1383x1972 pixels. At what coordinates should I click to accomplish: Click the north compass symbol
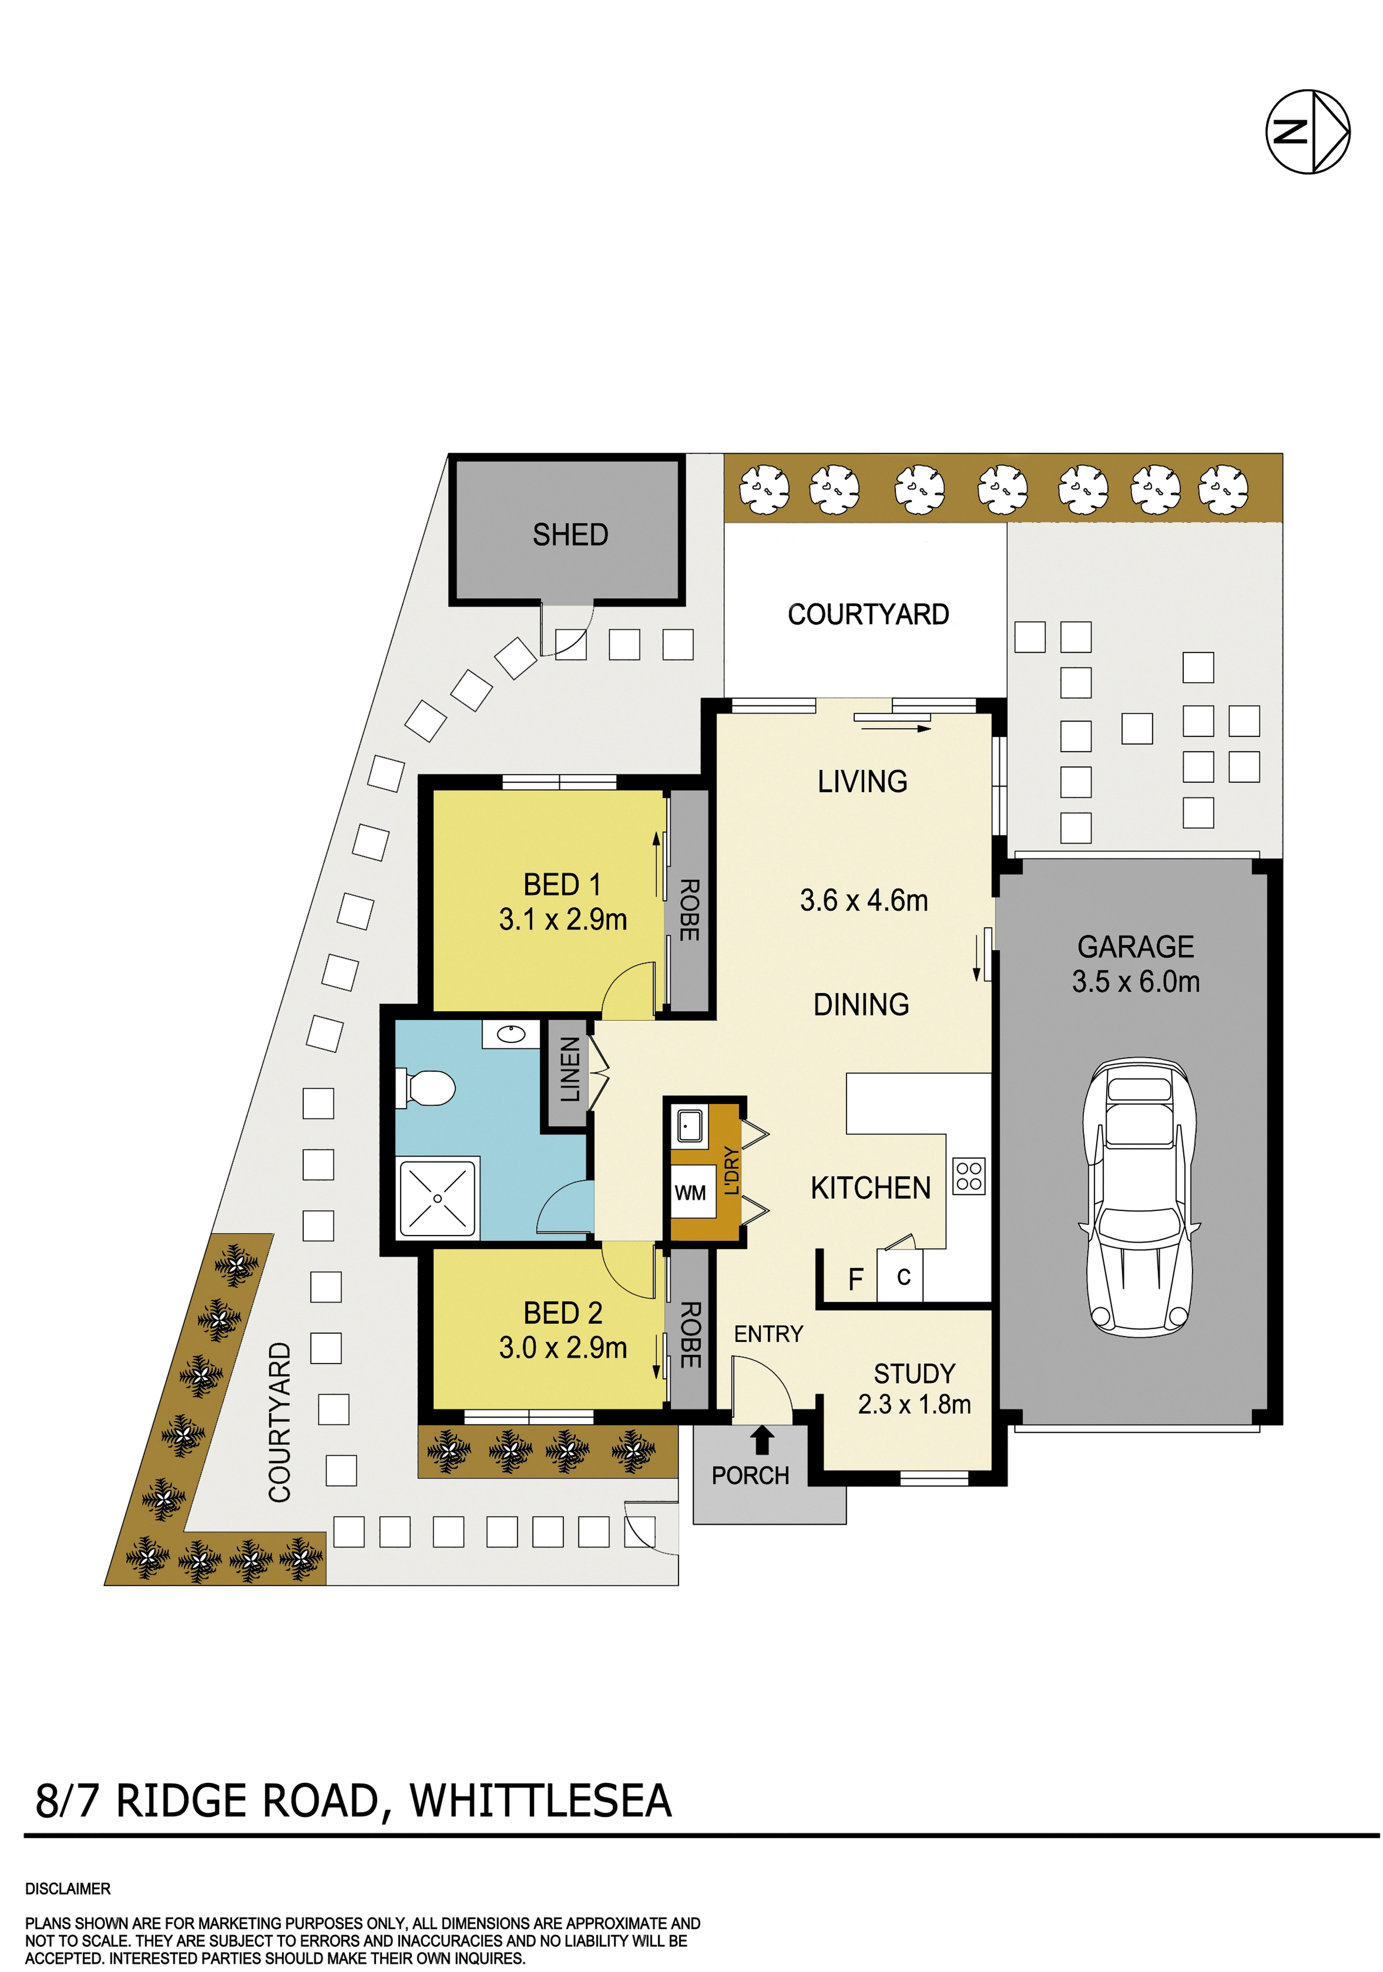pos(1307,131)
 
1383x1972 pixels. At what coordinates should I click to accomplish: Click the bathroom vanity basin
pos(511,1034)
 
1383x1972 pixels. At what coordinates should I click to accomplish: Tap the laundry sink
pos(689,1123)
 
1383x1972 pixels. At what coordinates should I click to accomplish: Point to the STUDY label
pos(914,1373)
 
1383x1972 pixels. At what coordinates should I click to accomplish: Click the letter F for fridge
pos(856,1280)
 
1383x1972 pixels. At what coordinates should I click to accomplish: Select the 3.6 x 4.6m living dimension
pos(863,900)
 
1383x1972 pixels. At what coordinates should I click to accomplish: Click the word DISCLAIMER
pos(68,1889)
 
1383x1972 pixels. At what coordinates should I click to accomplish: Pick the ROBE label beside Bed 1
pos(689,909)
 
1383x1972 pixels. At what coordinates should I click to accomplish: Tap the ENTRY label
pos(768,1334)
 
